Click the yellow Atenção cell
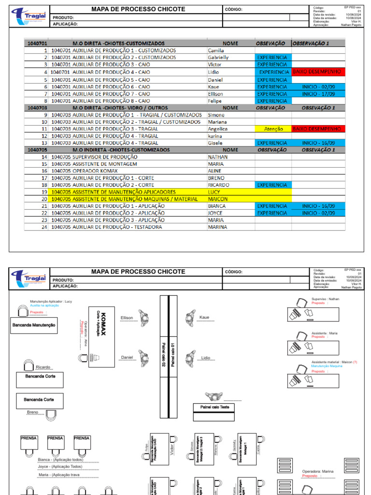(x=273, y=129)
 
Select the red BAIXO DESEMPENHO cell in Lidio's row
(x=318, y=72)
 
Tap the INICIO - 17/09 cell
(x=318, y=94)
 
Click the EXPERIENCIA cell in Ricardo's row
(x=273, y=185)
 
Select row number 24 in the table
(x=44, y=227)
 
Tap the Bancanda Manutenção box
(x=34, y=325)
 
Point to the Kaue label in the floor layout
(x=205, y=318)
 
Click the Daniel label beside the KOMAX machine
(x=127, y=358)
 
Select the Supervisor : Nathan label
(x=325, y=299)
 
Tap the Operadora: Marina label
(x=318, y=471)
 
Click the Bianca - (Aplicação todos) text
(x=60, y=460)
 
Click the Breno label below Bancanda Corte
(x=33, y=412)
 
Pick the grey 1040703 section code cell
(x=37, y=108)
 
